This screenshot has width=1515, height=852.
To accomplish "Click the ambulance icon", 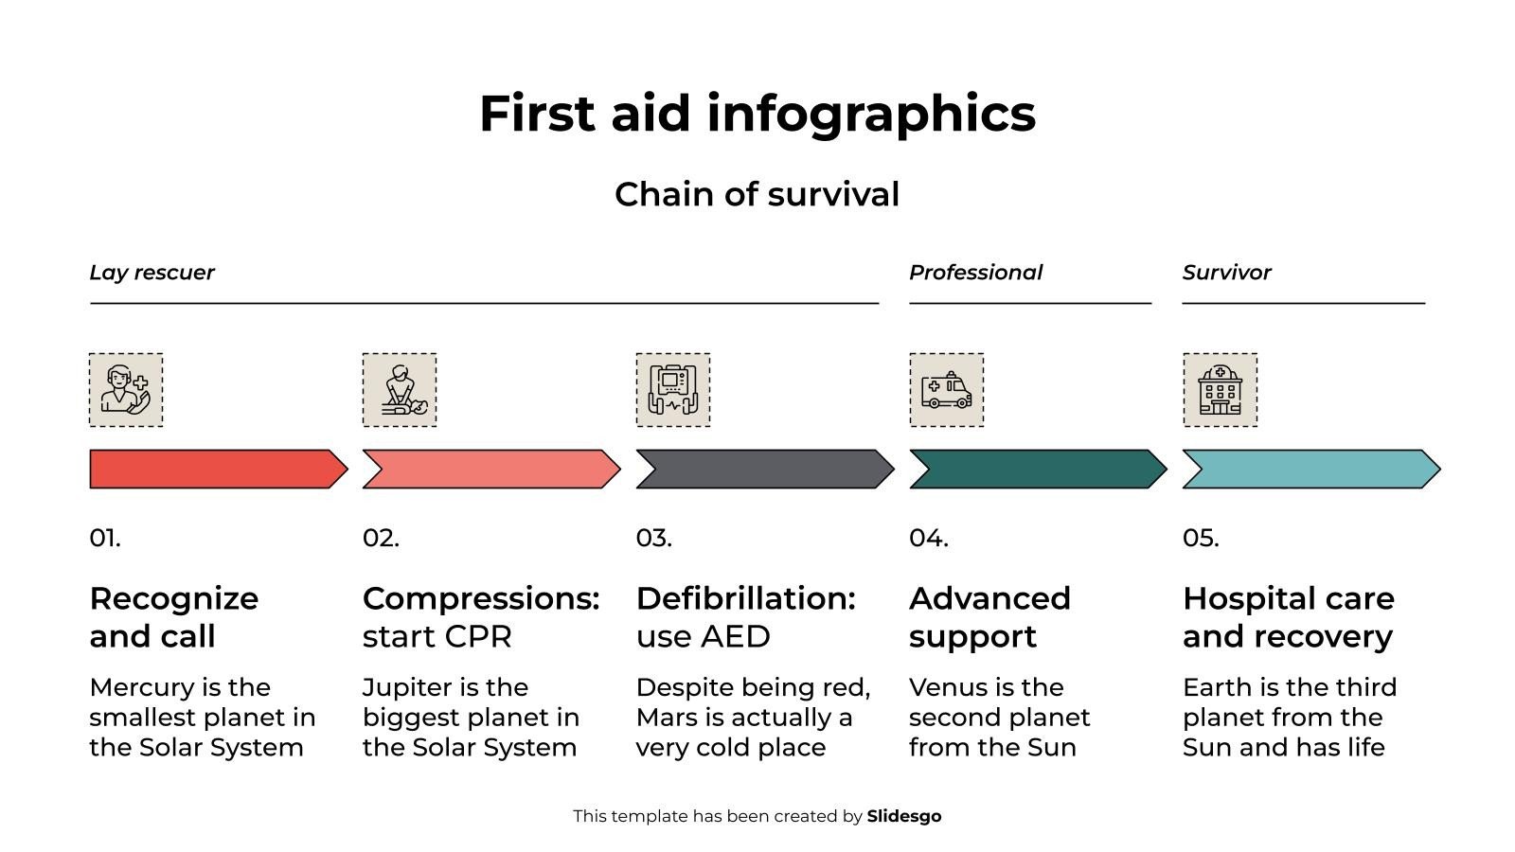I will tap(946, 390).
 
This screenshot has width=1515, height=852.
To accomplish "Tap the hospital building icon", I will tap(1220, 390).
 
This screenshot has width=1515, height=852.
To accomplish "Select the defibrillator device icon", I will tap(672, 390).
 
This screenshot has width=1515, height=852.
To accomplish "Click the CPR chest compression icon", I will tap(399, 390).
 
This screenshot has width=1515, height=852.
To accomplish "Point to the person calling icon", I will tap(126, 390).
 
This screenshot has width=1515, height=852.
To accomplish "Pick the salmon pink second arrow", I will tap(490, 470).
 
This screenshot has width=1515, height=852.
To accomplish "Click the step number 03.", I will tap(653, 538).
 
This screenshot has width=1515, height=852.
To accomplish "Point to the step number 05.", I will tap(1201, 538).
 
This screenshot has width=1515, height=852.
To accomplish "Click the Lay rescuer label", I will tap(151, 273).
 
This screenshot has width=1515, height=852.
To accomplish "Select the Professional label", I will tap(975, 273).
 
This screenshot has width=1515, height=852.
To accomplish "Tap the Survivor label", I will tap(1226, 273).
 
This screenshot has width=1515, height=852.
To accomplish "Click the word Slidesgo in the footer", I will tap(904, 816).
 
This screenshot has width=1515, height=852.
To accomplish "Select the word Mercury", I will tap(136, 687).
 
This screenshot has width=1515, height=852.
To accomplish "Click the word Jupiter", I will tap(401, 687).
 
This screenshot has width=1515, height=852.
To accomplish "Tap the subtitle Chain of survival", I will tap(757, 194).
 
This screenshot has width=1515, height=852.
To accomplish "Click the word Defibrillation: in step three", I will tap(745, 598).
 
